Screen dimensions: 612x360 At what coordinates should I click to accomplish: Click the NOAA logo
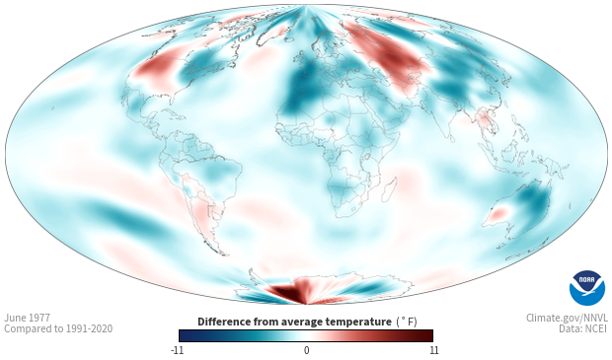point(587,288)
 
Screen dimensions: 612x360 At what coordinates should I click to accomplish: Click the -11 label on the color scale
point(177,350)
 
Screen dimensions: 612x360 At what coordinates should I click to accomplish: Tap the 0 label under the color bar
point(306,350)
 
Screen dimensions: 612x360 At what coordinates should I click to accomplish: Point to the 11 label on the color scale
point(434,350)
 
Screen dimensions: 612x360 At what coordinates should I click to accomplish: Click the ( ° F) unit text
point(407,323)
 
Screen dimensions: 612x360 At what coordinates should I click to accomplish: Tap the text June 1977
point(27,318)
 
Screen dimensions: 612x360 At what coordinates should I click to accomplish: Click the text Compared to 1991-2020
point(58,328)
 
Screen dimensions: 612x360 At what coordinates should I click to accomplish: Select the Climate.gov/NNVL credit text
point(567,318)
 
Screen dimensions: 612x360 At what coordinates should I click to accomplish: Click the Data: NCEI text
point(583,328)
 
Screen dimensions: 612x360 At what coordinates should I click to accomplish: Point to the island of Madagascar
point(389,189)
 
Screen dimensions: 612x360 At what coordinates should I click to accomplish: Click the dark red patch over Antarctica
point(288,293)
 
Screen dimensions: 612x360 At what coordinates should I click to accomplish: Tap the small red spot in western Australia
point(498,214)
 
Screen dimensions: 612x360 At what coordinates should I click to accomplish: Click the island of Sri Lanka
point(451,138)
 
